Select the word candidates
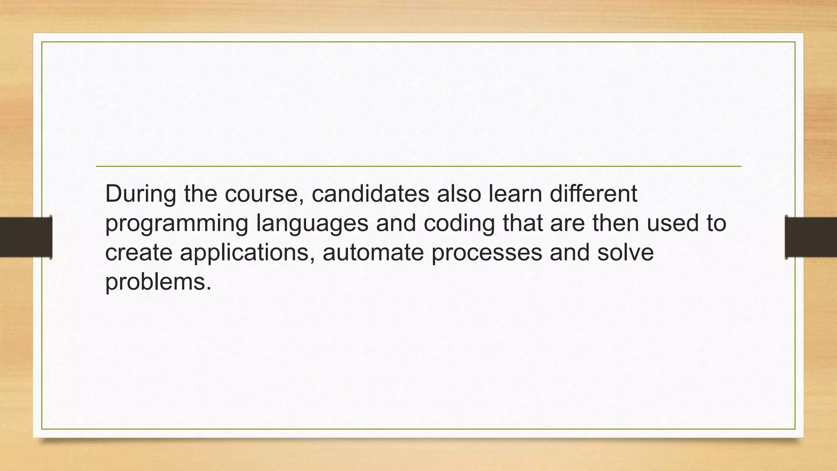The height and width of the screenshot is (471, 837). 370,194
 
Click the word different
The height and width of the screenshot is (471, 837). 593,194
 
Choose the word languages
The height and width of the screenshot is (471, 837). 312,224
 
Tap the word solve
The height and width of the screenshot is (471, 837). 625,253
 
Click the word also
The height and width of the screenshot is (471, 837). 459,194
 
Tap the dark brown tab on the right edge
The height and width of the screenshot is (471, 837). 811,237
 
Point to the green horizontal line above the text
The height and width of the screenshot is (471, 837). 418,166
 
